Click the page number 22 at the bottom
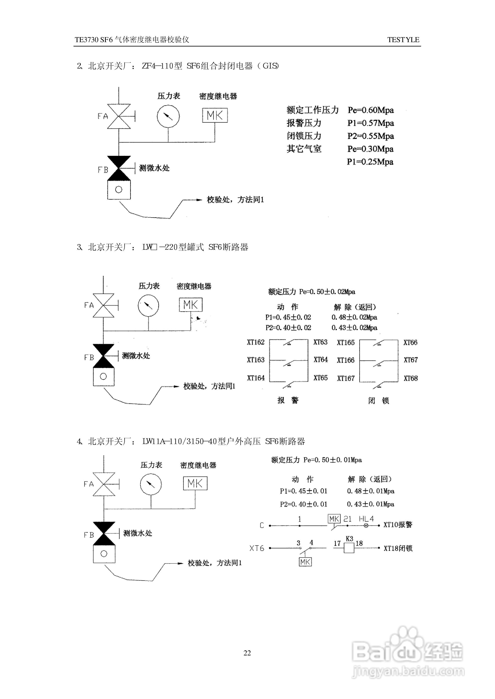pos(247,653)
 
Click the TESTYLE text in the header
pos(403,40)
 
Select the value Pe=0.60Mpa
pos(371,110)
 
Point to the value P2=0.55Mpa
pos(371,136)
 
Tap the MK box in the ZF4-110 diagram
pos(215,115)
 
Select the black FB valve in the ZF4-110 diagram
pos(119,168)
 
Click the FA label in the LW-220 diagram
pos(89,305)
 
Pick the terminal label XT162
pos(256,342)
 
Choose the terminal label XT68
pos(410,378)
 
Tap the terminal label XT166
pos(346,360)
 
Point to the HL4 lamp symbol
pos(366,525)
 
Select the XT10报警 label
pos(398,524)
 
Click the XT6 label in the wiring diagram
pos(257,548)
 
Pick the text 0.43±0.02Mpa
pos(354,328)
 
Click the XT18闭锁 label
pos(398,548)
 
